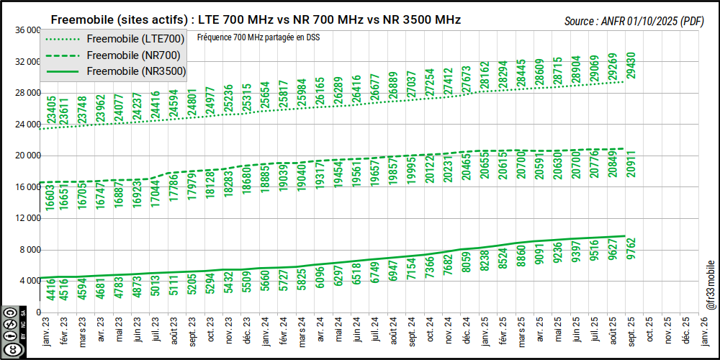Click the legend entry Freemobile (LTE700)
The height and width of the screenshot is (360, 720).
[x=135, y=39]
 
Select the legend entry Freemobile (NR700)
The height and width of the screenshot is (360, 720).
[x=135, y=55]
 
